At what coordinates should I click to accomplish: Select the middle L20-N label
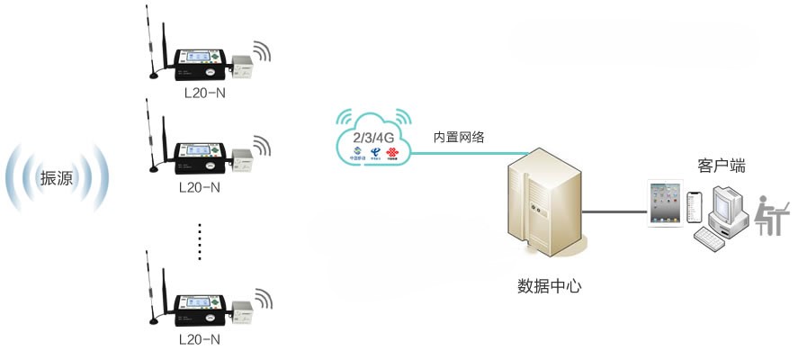tap(201, 188)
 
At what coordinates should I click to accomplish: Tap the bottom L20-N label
tap(201, 340)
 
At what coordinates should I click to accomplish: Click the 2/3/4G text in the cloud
tap(372, 136)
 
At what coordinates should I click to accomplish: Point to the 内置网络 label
tap(459, 137)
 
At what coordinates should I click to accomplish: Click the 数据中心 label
tap(550, 287)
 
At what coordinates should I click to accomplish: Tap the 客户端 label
tap(722, 166)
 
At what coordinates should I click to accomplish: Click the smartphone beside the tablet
tap(693, 207)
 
